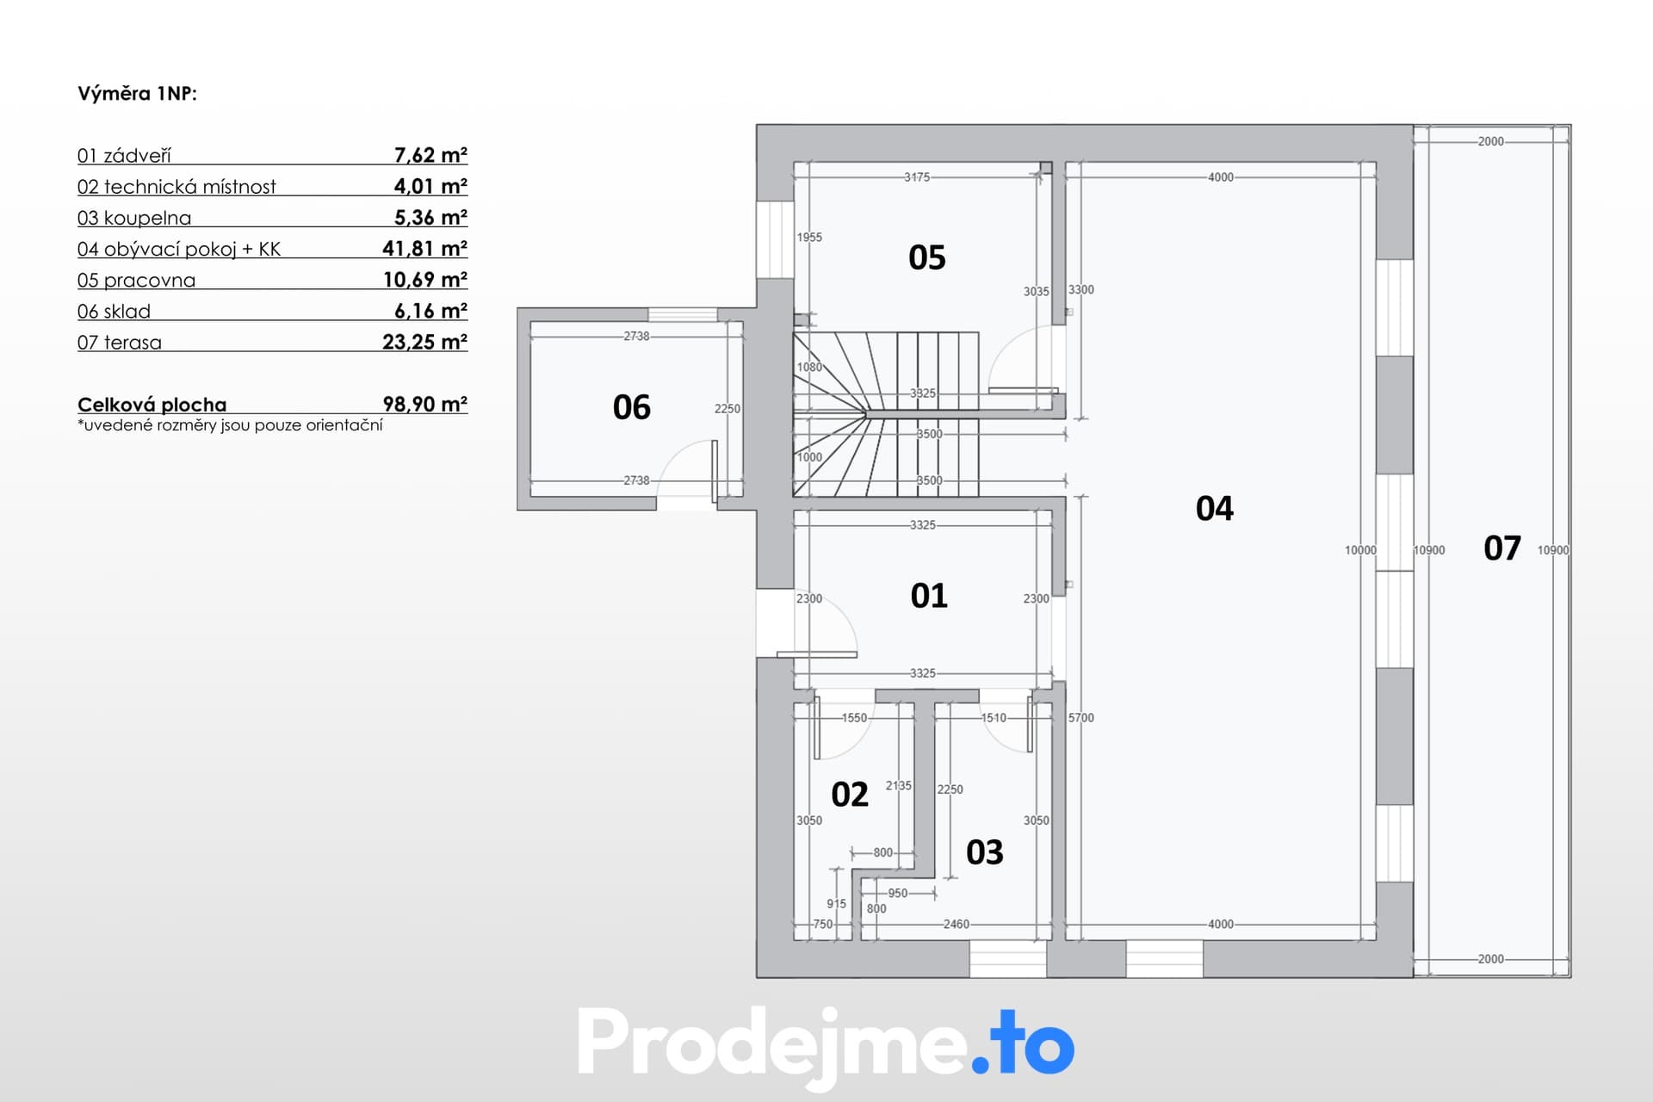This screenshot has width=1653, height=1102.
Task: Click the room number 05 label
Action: point(927,257)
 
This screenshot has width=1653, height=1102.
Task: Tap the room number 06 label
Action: point(632,407)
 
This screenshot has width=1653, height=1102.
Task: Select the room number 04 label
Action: point(1215,509)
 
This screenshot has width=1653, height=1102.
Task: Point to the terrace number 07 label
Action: point(1502,548)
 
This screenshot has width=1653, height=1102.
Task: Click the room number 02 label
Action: point(850,795)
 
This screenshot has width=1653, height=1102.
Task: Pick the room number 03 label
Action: point(985,852)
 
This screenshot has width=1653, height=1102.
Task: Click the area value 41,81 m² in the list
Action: point(425,249)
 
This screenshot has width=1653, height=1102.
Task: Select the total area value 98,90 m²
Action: point(425,405)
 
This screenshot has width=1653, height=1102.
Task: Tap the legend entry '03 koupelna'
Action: point(134,218)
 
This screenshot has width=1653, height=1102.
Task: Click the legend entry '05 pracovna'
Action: point(136,281)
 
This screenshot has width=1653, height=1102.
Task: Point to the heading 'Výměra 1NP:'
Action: point(138,94)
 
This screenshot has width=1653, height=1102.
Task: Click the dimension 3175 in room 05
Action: point(917,177)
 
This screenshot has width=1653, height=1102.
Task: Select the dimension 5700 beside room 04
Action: point(1081,718)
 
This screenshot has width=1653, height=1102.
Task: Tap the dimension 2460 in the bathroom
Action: point(957,925)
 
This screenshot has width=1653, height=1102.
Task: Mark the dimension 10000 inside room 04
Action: point(1361,550)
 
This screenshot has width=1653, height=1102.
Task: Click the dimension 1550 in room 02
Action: point(854,718)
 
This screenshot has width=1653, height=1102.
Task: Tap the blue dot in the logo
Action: point(981,1064)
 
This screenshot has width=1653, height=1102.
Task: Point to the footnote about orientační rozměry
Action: point(230,425)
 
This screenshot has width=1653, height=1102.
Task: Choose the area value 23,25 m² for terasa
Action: point(425,343)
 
